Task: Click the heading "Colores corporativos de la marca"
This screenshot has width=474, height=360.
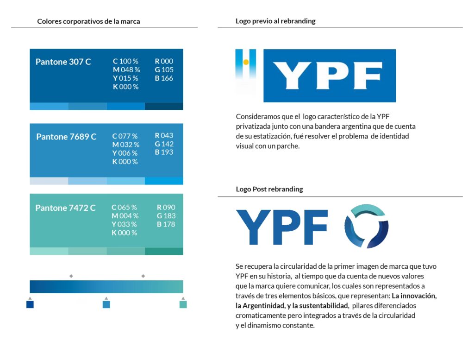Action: (88, 21)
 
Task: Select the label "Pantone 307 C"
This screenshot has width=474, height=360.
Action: (63, 62)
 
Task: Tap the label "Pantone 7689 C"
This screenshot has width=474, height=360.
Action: (66, 137)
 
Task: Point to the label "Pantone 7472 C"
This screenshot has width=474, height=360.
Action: (65, 208)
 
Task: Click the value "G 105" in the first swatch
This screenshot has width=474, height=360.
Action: (164, 70)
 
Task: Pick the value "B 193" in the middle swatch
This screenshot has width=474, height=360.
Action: (164, 152)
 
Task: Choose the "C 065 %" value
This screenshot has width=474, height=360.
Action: (124, 208)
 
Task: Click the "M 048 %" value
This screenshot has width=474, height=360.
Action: (126, 70)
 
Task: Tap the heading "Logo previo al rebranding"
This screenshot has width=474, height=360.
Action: (275, 21)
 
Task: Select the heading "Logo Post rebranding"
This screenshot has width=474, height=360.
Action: (269, 189)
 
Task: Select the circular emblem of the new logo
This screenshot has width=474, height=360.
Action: (366, 226)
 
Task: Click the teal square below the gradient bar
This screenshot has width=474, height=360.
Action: (183, 304)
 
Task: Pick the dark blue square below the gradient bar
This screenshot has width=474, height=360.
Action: (30, 304)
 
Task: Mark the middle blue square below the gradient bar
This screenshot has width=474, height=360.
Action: (106, 304)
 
